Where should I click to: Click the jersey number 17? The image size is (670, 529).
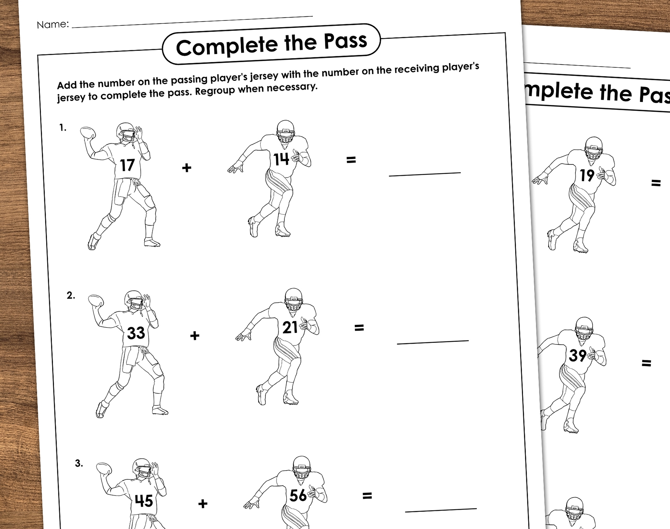point(127,165)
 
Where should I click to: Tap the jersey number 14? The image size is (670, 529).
point(281,159)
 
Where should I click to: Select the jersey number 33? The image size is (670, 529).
point(136,333)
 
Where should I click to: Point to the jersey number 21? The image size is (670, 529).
point(290,328)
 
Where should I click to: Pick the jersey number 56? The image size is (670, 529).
point(298,495)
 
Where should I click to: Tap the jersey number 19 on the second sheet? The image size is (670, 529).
point(587,175)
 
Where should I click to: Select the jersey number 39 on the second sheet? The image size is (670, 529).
point(578,355)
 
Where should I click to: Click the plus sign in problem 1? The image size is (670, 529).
point(187,168)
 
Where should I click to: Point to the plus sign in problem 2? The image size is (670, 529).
point(195,336)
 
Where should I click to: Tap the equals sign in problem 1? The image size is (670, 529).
point(351,160)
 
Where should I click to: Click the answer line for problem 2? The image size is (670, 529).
point(433,342)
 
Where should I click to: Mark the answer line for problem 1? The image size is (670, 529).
point(425,174)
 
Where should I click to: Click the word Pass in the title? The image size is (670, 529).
point(345,41)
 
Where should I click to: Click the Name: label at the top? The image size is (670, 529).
point(53,25)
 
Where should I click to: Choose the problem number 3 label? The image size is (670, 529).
point(79,463)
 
